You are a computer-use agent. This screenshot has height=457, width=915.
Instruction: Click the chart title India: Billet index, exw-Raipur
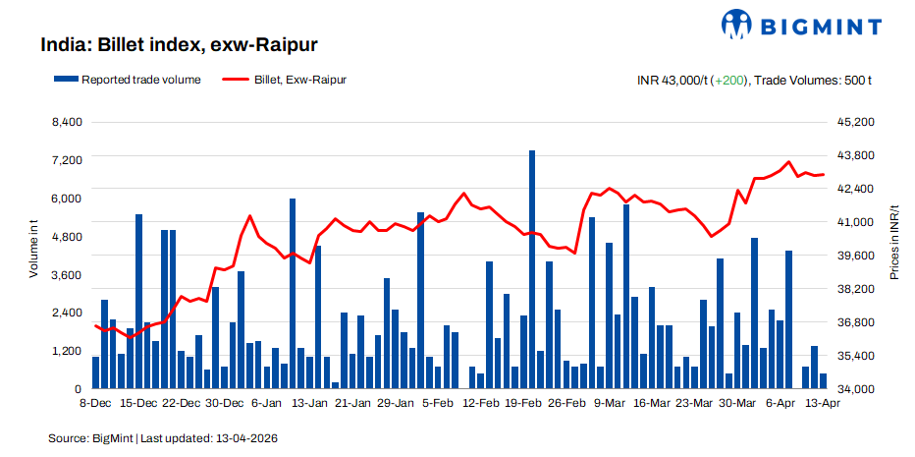(x=179, y=45)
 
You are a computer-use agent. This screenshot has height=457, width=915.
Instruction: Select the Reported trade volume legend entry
(x=132, y=80)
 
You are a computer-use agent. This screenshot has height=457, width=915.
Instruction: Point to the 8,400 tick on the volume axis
(x=68, y=122)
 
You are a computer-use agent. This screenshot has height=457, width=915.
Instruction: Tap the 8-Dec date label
(x=95, y=403)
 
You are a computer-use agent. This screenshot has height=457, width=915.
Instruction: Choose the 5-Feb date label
(x=437, y=403)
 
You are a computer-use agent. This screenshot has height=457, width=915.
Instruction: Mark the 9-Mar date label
(x=609, y=403)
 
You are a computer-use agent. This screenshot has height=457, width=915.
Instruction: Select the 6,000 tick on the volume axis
(x=68, y=199)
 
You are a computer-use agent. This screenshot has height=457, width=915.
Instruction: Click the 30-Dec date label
(x=225, y=403)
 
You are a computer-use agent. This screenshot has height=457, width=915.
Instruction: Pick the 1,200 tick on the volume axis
(x=68, y=351)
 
